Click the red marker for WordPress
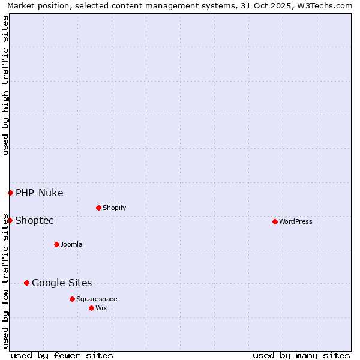[275, 221]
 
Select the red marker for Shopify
[98, 208]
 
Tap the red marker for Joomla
[56, 244]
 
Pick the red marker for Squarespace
[72, 299]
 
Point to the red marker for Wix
[91, 308]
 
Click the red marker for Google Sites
[26, 283]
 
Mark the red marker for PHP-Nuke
[10, 193]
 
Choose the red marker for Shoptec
[10, 220]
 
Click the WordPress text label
[296, 221]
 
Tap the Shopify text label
[115, 208]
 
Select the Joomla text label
[71, 244]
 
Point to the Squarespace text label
[97, 299]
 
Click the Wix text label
[101, 308]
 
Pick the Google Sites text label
[62, 283]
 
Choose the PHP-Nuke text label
[40, 193]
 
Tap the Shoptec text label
[35, 220]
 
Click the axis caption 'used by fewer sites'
[62, 355]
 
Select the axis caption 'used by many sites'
[301, 355]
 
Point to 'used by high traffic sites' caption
[5, 85]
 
